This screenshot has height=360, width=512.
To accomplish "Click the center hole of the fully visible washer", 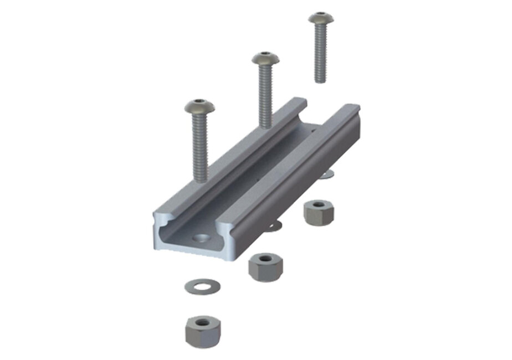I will pyautogui.click(x=202, y=286).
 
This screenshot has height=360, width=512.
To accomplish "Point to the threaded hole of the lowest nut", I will pyautogui.click(x=203, y=322).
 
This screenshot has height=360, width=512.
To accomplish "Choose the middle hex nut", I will pyautogui.click(x=264, y=267).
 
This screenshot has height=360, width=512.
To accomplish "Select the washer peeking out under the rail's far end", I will pyautogui.click(x=327, y=174).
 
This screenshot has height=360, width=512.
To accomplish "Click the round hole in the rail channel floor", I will pyautogui.click(x=201, y=239).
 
